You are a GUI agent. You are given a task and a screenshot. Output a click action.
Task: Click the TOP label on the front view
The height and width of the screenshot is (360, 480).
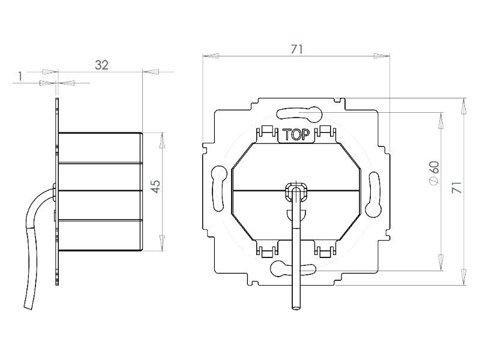[x=296, y=134]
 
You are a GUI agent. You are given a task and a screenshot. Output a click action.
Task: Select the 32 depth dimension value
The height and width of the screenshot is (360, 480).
[x=101, y=65]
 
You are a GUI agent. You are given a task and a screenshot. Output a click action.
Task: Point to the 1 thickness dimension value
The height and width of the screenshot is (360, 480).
[x=20, y=76]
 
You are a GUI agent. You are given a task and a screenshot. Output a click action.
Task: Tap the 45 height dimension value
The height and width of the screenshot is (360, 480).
[x=156, y=187]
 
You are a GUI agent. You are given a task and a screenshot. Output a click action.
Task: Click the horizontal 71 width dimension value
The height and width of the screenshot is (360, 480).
[x=296, y=49]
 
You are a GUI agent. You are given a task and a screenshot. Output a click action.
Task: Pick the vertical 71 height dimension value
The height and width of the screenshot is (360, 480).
[x=457, y=187]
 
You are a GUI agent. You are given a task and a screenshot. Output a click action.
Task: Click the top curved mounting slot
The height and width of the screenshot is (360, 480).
[x=299, y=113]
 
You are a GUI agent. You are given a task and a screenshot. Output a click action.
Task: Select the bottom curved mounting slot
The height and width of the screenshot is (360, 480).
[x=293, y=268]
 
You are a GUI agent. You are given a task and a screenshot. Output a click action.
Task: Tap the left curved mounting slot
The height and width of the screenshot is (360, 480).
[x=219, y=188]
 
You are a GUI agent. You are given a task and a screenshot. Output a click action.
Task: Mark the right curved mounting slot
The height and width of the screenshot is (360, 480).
[x=374, y=194]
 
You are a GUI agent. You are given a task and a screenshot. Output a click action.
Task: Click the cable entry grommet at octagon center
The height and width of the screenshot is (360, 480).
[x=296, y=191]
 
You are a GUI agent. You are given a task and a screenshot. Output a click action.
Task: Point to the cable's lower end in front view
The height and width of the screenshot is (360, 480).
[x=296, y=308]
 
